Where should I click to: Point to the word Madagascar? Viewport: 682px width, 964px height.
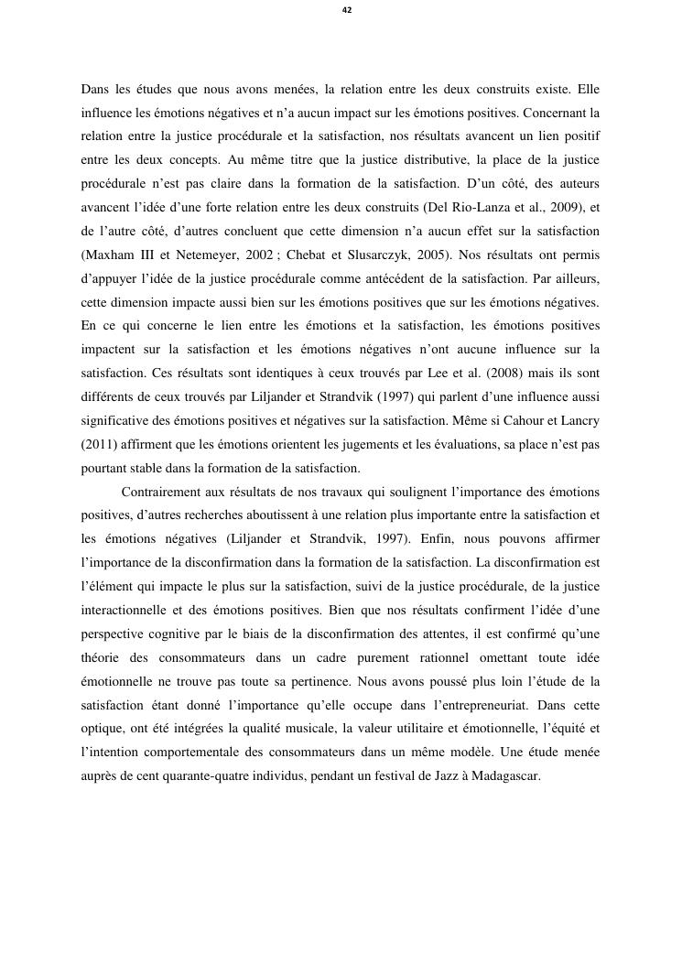coord(499,777)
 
